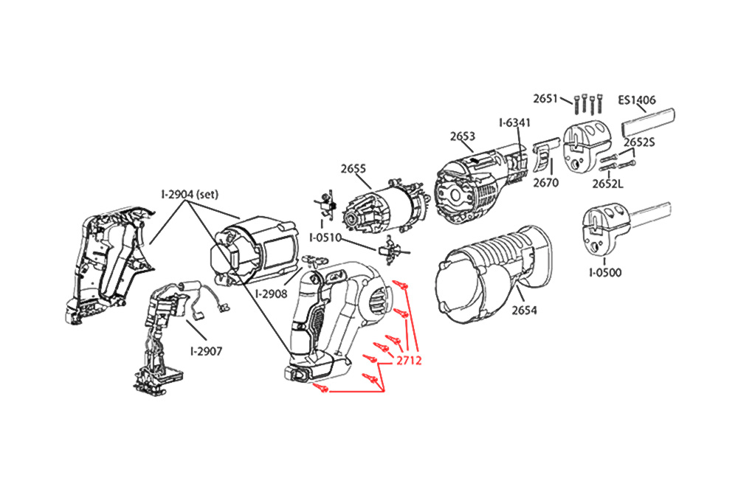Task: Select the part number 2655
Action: [x=354, y=169]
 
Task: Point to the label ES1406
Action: [x=637, y=100]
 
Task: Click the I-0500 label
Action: [x=605, y=273]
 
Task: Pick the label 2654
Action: [x=525, y=311]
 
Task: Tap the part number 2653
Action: [x=462, y=136]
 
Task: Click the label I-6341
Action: [x=514, y=122]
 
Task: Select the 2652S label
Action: [x=639, y=142]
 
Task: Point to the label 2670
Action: [x=546, y=182]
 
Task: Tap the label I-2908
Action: [x=271, y=294]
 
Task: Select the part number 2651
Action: [x=547, y=98]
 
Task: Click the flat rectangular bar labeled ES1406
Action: [x=649, y=118]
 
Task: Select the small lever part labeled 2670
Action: [x=543, y=157]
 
